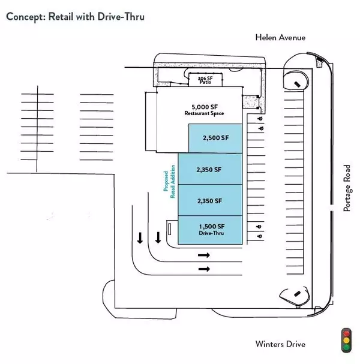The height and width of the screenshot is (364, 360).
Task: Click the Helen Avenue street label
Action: point(280,37)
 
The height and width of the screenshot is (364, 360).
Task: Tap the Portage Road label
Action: point(346,188)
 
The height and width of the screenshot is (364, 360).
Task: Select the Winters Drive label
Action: point(280,344)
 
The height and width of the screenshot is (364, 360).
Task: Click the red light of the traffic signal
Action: point(345,332)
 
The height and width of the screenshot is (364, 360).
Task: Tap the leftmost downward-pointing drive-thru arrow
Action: point(140,238)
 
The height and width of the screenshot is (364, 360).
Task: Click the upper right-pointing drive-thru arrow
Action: point(204,255)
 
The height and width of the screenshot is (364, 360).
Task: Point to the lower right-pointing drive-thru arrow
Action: point(204,269)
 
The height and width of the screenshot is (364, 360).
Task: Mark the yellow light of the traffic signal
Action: point(345,339)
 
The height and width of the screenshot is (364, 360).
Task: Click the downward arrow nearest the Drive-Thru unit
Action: point(158,238)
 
